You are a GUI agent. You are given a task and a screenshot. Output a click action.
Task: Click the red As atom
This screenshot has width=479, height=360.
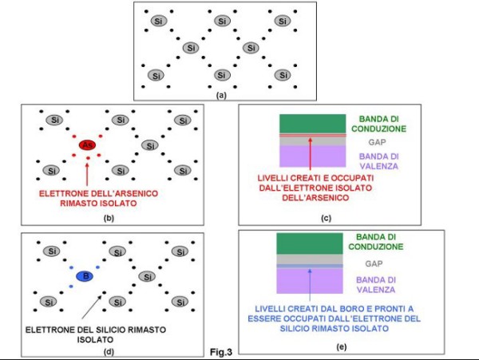[x=87, y=145]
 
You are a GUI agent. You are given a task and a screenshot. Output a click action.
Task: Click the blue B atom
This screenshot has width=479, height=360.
[x=85, y=276]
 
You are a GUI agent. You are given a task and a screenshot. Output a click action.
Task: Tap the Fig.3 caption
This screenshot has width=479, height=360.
[x=221, y=352]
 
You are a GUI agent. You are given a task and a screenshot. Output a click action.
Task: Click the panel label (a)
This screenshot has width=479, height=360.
[x=221, y=95]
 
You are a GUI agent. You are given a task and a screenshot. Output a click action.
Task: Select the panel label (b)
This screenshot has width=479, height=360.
[x=109, y=218]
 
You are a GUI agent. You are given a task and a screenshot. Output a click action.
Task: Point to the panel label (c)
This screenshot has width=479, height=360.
[x=326, y=218]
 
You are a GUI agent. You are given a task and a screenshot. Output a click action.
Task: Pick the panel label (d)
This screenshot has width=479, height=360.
[x=109, y=351]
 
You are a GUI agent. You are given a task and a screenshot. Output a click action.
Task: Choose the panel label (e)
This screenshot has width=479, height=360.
[x=341, y=347]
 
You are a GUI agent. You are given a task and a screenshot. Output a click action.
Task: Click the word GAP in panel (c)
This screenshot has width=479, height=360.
[x=377, y=142]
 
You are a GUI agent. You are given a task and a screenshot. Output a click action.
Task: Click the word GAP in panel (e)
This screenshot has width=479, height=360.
[x=374, y=263]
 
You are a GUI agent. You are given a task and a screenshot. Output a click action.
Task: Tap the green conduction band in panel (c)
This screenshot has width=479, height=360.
[x=312, y=124]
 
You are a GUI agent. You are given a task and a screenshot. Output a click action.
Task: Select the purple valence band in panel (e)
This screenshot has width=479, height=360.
[x=310, y=281]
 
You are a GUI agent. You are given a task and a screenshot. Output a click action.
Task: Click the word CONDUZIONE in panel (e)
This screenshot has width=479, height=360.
[x=376, y=247]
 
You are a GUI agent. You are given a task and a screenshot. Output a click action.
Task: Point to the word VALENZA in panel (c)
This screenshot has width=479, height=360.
[x=378, y=166]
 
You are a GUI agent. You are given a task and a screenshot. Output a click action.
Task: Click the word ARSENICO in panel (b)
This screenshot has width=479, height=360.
[x=132, y=194]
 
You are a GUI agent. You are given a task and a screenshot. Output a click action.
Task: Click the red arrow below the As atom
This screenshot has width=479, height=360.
[x=87, y=174]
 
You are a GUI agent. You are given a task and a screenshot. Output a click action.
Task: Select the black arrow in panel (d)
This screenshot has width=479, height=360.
[x=92, y=307]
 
